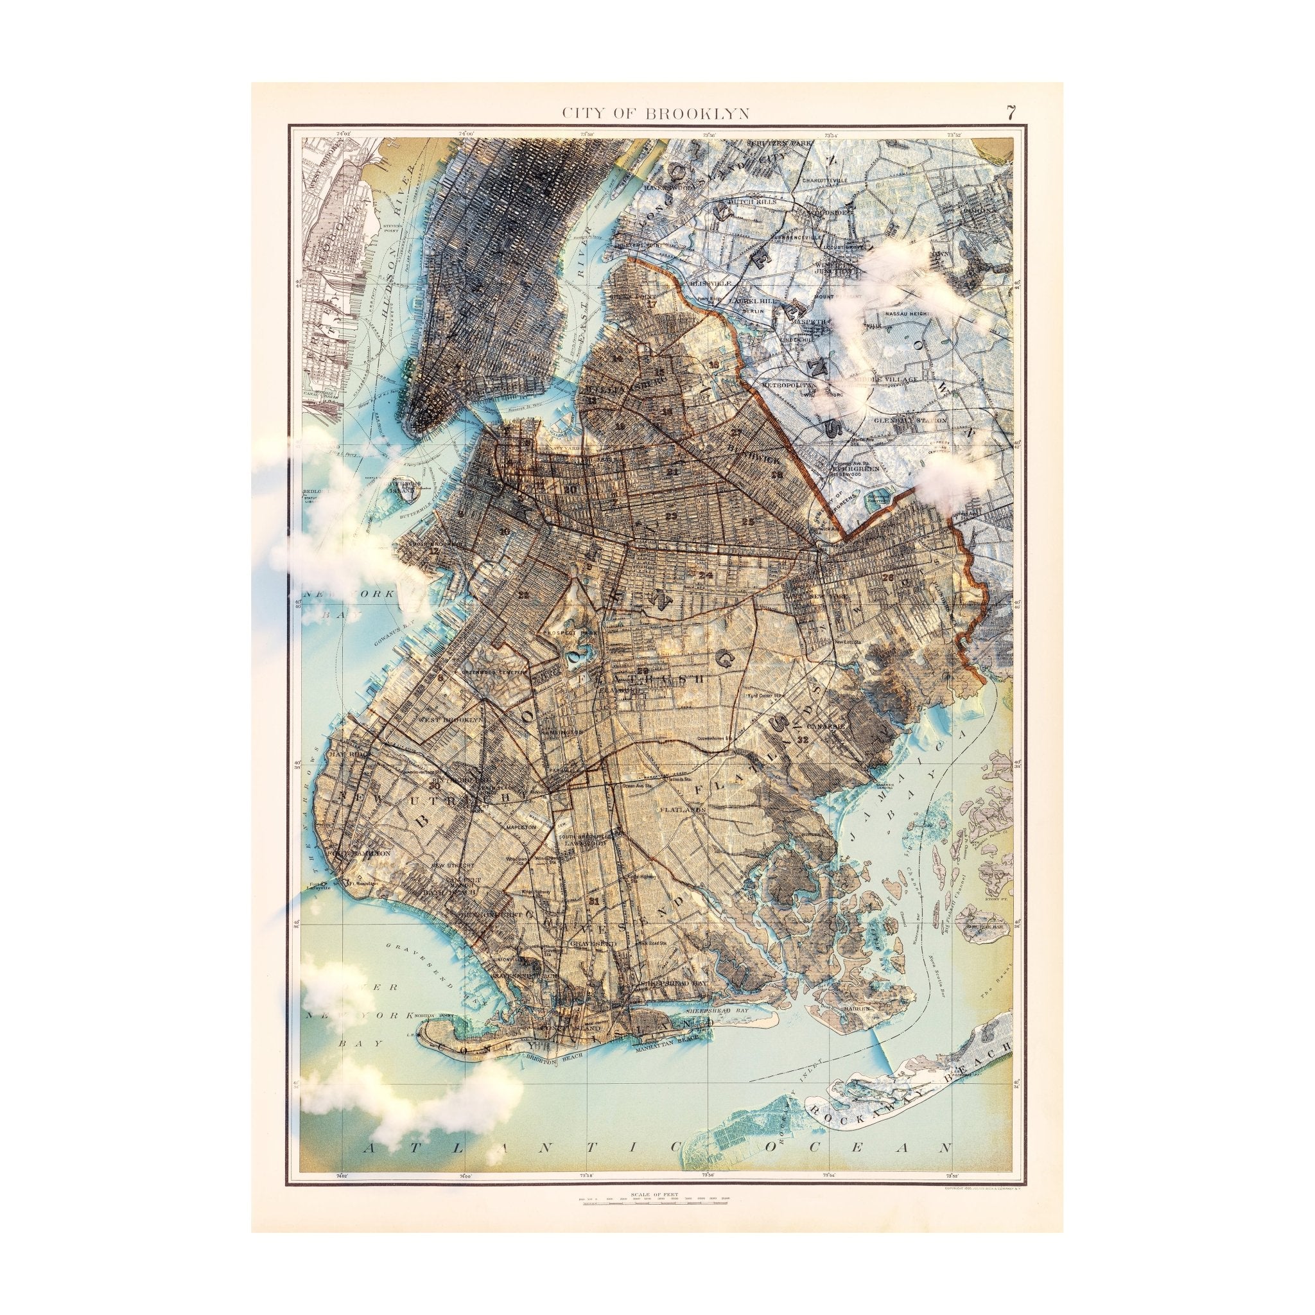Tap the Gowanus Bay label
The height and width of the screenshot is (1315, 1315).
(392, 637)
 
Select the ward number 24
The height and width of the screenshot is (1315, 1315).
(704, 576)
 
